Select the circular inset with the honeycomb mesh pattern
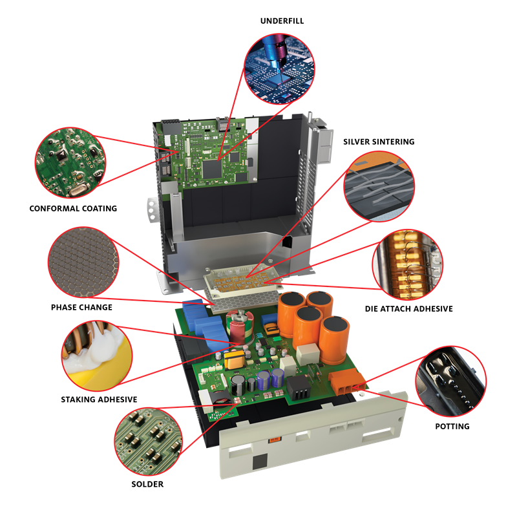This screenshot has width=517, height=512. pos(83,262)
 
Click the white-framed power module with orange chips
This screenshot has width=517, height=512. pos(244,280)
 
